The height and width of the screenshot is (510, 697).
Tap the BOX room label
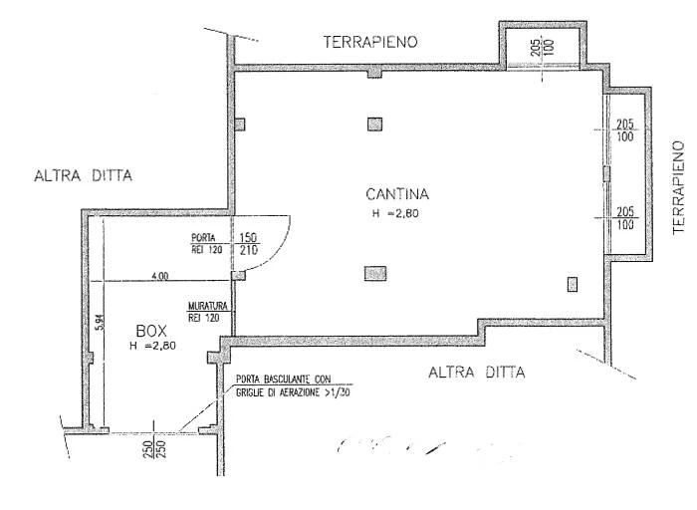[149, 329]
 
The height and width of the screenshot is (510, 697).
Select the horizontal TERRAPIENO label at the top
[369, 42]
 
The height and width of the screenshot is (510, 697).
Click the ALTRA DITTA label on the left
[83, 176]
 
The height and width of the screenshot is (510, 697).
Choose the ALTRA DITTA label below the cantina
[476, 374]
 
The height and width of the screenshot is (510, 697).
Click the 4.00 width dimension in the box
[159, 276]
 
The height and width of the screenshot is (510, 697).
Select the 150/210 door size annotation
[248, 244]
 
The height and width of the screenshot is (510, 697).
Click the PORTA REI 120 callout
[204, 244]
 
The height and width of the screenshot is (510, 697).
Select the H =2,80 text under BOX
[150, 346]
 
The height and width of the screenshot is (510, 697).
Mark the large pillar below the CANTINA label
[375, 272]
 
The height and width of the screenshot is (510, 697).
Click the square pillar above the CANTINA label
[374, 125]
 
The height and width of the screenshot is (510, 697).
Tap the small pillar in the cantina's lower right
[573, 284]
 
